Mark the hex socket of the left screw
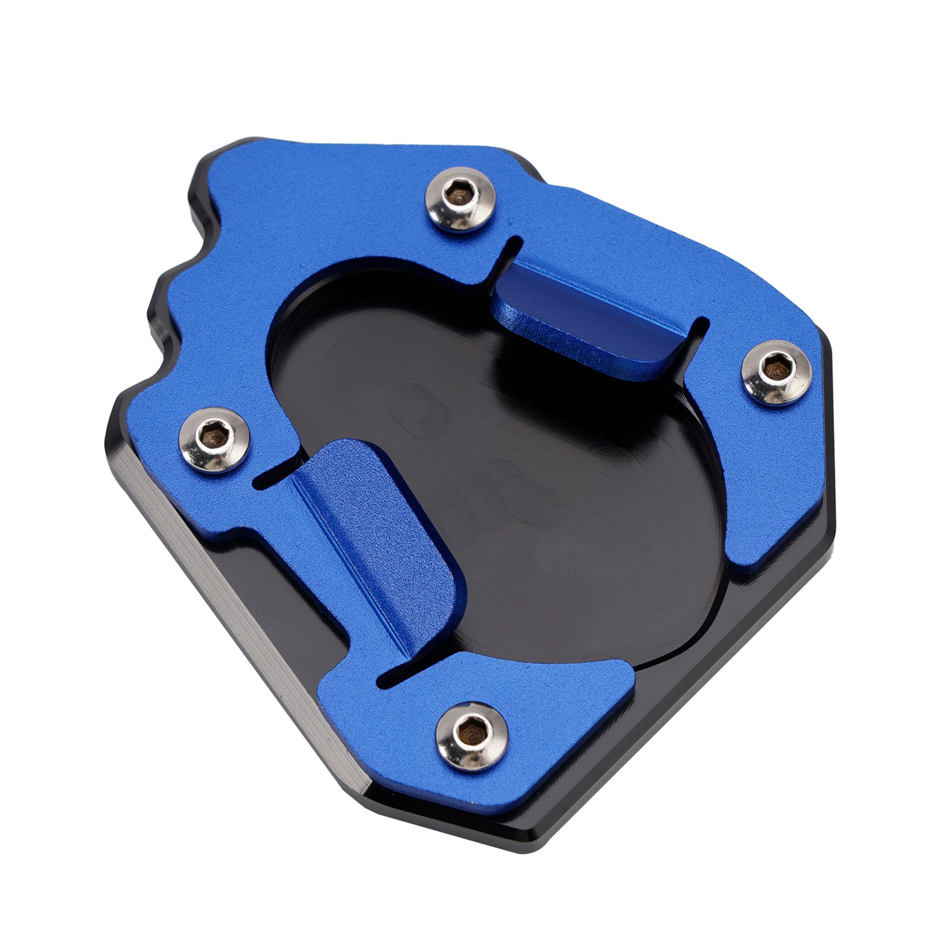coord(213,435)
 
